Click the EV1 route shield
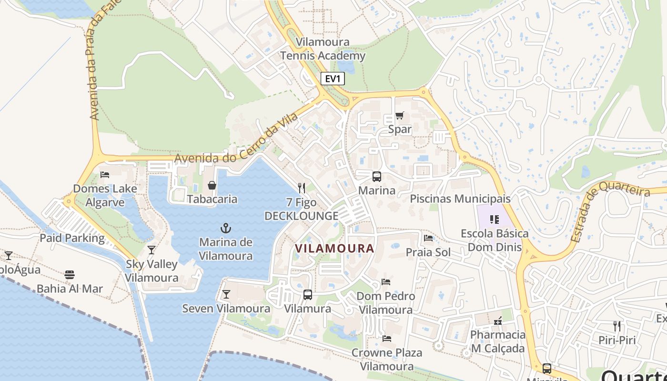pyautogui.click(x=333, y=79)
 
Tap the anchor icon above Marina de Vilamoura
pyautogui.click(x=226, y=228)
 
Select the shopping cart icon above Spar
pyautogui.click(x=400, y=115)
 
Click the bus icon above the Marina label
pyautogui.click(x=376, y=177)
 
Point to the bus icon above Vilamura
pyautogui.click(x=308, y=295)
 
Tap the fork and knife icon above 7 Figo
pyautogui.click(x=301, y=188)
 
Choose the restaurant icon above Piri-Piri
pyautogui.click(x=617, y=326)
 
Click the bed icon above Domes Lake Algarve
pyautogui.click(x=105, y=174)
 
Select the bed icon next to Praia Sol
pyautogui.click(x=428, y=238)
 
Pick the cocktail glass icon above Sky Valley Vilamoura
pyautogui.click(x=152, y=250)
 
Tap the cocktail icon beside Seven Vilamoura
pyautogui.click(x=226, y=294)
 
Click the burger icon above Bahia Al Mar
pyautogui.click(x=70, y=274)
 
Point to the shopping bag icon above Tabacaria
pyautogui.click(x=212, y=185)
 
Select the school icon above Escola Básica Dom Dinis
pyautogui.click(x=494, y=220)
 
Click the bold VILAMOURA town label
pyautogui.click(x=334, y=248)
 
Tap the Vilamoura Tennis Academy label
pyautogui.click(x=323, y=49)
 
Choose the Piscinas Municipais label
pyautogui.click(x=460, y=199)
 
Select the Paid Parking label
pyautogui.click(x=72, y=238)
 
